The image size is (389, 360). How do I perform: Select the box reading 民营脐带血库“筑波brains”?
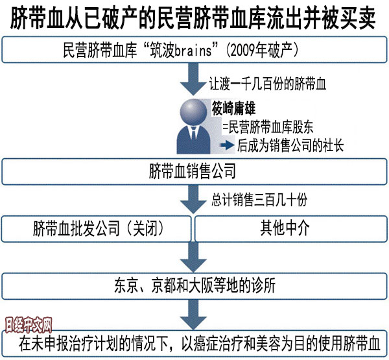click(x=194, y=49)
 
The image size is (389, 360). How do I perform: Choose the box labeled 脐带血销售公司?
click(x=194, y=172)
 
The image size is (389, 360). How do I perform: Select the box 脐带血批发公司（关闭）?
click(x=97, y=229)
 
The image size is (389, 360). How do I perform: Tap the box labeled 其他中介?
click(x=290, y=229)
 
